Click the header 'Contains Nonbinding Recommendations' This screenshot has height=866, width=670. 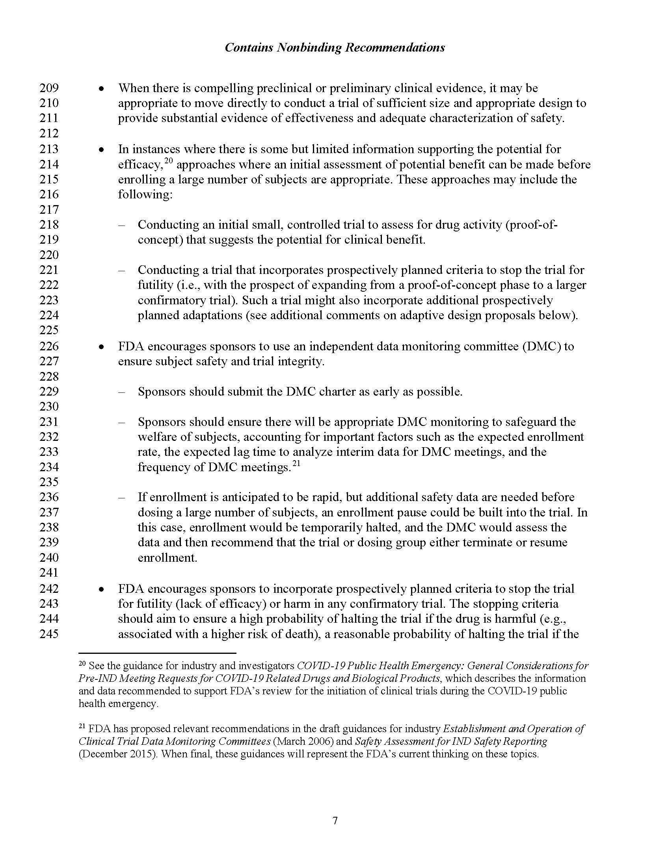coord(335,48)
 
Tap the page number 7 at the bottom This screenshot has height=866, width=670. coord(335,820)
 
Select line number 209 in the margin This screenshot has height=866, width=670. coord(49,88)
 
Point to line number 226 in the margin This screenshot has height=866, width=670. coord(49,346)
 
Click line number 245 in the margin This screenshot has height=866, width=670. coord(49,634)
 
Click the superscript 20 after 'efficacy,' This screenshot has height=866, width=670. coord(169,161)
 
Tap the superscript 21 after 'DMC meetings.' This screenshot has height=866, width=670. coord(296,463)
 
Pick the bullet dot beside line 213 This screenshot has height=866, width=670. coord(102,150)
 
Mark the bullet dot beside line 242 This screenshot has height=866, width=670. coord(102,590)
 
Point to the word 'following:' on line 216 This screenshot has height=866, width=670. coord(145,195)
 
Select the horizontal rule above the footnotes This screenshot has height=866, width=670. coord(157,652)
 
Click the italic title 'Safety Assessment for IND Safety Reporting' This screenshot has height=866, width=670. coord(451,741)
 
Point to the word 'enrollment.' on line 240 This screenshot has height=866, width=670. coord(167,558)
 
